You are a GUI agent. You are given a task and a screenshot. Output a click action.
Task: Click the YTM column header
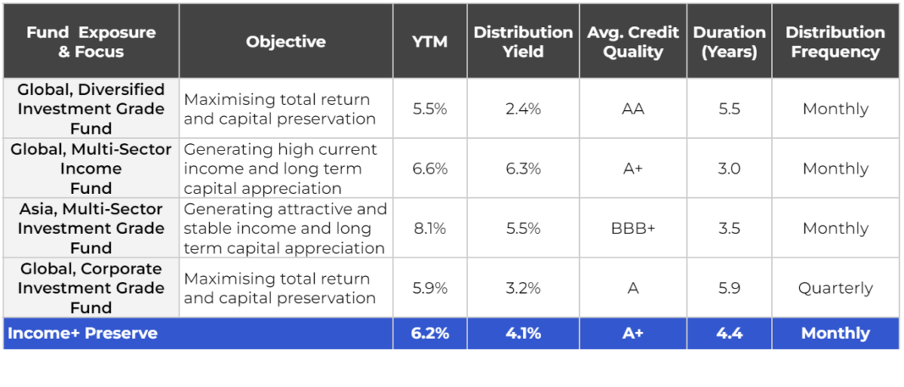(x=429, y=41)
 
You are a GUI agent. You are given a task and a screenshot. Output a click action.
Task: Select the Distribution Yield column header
(x=522, y=41)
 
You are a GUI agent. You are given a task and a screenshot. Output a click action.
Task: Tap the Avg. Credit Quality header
(x=632, y=41)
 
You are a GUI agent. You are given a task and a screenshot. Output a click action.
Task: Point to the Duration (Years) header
(x=729, y=41)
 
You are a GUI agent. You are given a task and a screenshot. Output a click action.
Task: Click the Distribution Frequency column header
(x=835, y=41)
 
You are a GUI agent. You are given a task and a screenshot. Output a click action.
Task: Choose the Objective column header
(x=285, y=41)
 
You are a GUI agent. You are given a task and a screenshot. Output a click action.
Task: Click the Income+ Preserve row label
(x=82, y=333)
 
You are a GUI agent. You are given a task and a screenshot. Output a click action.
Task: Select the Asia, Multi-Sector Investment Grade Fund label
(x=91, y=228)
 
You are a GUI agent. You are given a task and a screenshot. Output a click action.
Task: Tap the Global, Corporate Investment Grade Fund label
(x=91, y=288)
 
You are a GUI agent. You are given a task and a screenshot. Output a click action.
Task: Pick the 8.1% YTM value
(x=429, y=229)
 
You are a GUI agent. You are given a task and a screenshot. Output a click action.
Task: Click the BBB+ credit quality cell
(x=632, y=229)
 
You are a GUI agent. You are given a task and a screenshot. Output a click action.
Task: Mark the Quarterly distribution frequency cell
(x=835, y=288)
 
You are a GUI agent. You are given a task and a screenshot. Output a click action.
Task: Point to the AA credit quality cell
(x=632, y=109)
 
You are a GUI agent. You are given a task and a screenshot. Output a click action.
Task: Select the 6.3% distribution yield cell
(x=522, y=169)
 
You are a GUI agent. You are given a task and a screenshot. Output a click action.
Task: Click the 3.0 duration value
(x=729, y=169)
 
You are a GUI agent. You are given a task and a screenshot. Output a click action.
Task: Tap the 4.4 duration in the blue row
(x=729, y=333)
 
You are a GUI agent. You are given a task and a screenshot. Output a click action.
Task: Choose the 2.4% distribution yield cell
(x=522, y=109)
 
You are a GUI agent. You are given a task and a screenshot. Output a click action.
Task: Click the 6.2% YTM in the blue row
(x=429, y=333)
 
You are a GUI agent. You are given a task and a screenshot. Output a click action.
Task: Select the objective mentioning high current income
(x=280, y=169)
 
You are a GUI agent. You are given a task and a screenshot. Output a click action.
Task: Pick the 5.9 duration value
(x=729, y=288)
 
